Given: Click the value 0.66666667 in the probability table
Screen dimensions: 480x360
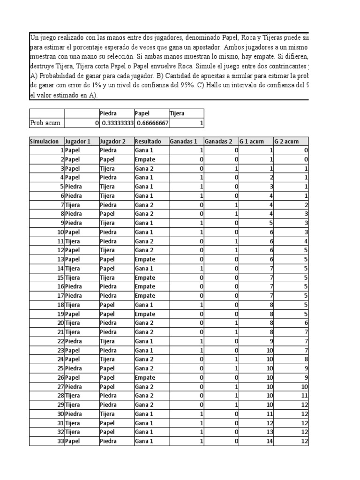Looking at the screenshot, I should point(151,122).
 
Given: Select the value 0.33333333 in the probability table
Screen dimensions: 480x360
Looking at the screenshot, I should point(116,122).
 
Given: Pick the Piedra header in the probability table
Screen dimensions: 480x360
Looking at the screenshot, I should point(108,113).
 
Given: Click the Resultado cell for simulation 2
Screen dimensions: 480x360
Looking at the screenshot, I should point(145,159).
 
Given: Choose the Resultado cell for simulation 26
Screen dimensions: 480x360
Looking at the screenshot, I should point(145,377).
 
